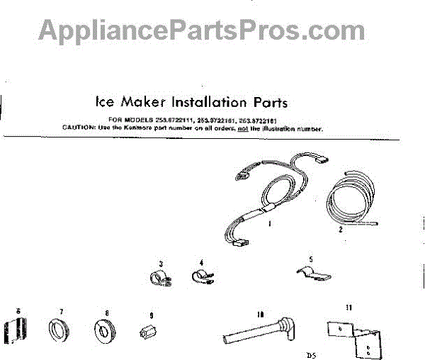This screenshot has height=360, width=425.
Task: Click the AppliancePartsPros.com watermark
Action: click(x=202, y=30)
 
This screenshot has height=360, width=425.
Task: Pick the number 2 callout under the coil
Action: click(x=340, y=230)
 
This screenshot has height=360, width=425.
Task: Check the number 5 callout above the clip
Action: click(x=310, y=259)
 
